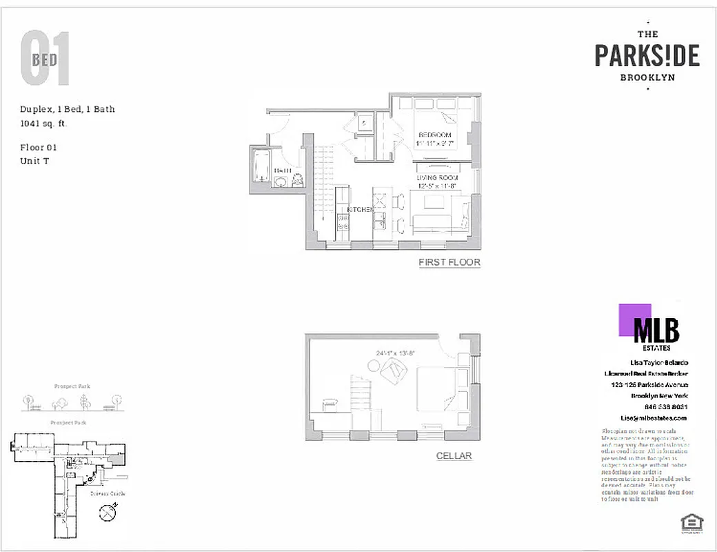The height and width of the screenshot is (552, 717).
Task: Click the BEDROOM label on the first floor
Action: (x=435, y=134)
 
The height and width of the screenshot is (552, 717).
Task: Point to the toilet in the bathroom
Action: (x=297, y=181)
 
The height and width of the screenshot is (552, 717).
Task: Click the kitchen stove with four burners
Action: (x=343, y=222)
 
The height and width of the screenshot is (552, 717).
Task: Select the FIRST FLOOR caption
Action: (x=449, y=262)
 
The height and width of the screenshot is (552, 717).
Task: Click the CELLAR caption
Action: (x=454, y=456)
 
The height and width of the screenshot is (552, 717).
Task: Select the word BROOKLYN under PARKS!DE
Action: (x=647, y=78)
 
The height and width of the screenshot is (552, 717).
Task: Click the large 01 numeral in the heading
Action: (x=45, y=59)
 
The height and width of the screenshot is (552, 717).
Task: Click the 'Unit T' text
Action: (x=35, y=161)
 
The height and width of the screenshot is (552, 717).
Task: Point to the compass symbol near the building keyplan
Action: (x=107, y=513)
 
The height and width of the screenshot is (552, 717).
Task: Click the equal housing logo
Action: (x=687, y=523)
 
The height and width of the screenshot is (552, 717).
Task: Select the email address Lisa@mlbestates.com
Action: (x=654, y=418)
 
